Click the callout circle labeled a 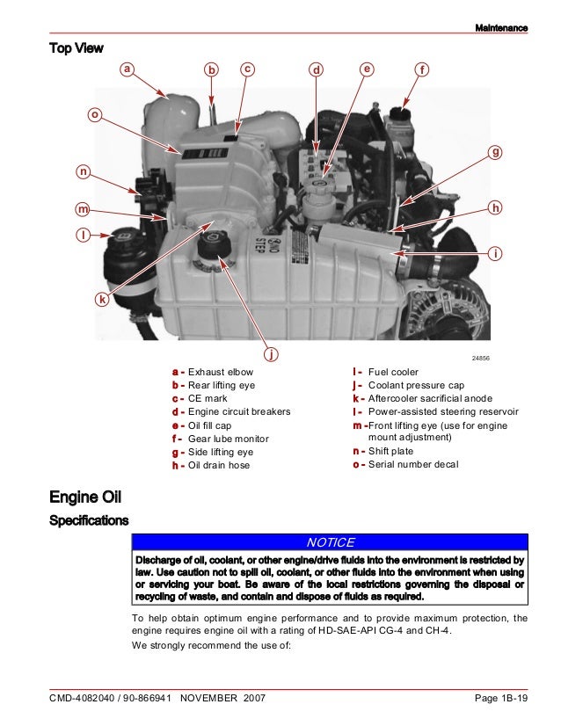(127, 68)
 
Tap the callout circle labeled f (422, 69)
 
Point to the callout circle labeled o (95, 114)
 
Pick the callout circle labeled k (102, 300)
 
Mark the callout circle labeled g (496, 152)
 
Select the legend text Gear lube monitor (229, 439)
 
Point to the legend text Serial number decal (413, 465)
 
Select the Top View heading (76, 47)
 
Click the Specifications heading (89, 521)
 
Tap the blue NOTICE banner (330, 542)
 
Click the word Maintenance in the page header (501, 28)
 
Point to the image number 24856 (480, 359)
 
